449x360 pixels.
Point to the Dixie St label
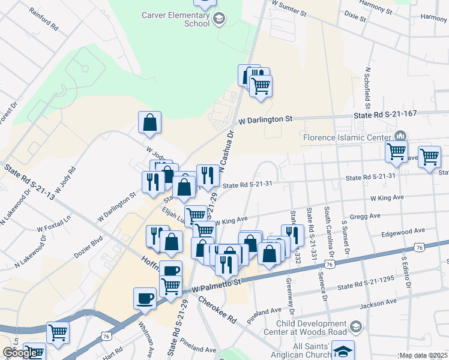[354, 16]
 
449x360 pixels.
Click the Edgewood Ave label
[406, 230]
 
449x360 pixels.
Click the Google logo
[20, 352]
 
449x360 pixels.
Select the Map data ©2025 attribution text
[423, 355]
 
